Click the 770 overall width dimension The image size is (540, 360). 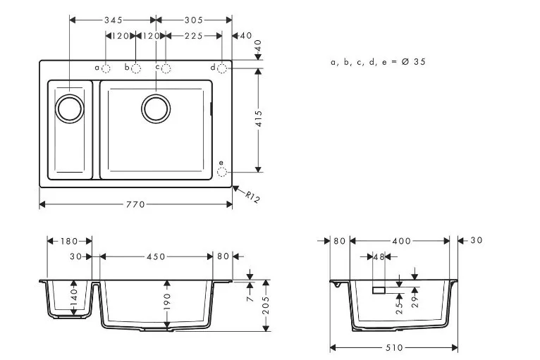tap(135, 205)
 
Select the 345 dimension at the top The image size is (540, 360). tap(113, 20)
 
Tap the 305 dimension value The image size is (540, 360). tap(194, 20)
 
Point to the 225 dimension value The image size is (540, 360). tap(194, 36)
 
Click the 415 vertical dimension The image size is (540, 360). tap(259, 118)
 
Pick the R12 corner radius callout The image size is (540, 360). tap(253, 197)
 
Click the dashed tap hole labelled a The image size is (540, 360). tap(106, 68)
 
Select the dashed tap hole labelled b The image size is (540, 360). tap(136, 68)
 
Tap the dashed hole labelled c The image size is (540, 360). tap(166, 68)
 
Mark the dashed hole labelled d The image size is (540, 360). tap(222, 68)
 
